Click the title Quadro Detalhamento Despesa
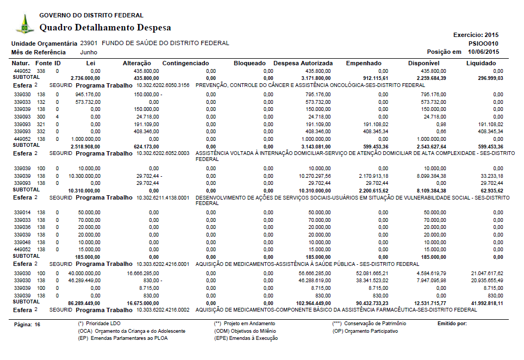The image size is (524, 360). [105, 28]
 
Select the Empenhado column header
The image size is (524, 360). [364, 64]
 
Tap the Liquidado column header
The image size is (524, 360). [481, 64]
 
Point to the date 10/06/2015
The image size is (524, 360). [483, 52]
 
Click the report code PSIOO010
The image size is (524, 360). [483, 44]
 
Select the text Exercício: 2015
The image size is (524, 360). [476, 35]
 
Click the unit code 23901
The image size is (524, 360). [89, 43]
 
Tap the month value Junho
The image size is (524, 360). [89, 52]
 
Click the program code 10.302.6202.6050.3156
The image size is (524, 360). [163, 85]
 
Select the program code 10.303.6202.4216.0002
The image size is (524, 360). [163, 310]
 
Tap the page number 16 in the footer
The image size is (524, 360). [37, 324]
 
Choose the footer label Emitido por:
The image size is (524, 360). [452, 324]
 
